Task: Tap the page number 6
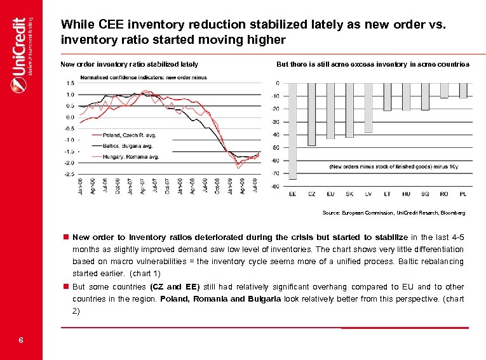[21, 340]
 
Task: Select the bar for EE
[293, 130]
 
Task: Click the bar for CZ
[311, 114]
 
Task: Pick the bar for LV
[368, 108]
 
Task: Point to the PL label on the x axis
[462, 194]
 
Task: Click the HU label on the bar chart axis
[406, 194]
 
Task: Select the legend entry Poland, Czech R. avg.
[125, 135]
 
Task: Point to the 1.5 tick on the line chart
[69, 83]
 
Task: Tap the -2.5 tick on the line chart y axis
[69, 173]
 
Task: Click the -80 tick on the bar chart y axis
[275, 186]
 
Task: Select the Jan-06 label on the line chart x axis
[81, 186]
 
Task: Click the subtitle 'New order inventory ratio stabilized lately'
[129, 64]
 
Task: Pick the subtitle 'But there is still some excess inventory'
[373, 64]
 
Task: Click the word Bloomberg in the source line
[452, 213]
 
